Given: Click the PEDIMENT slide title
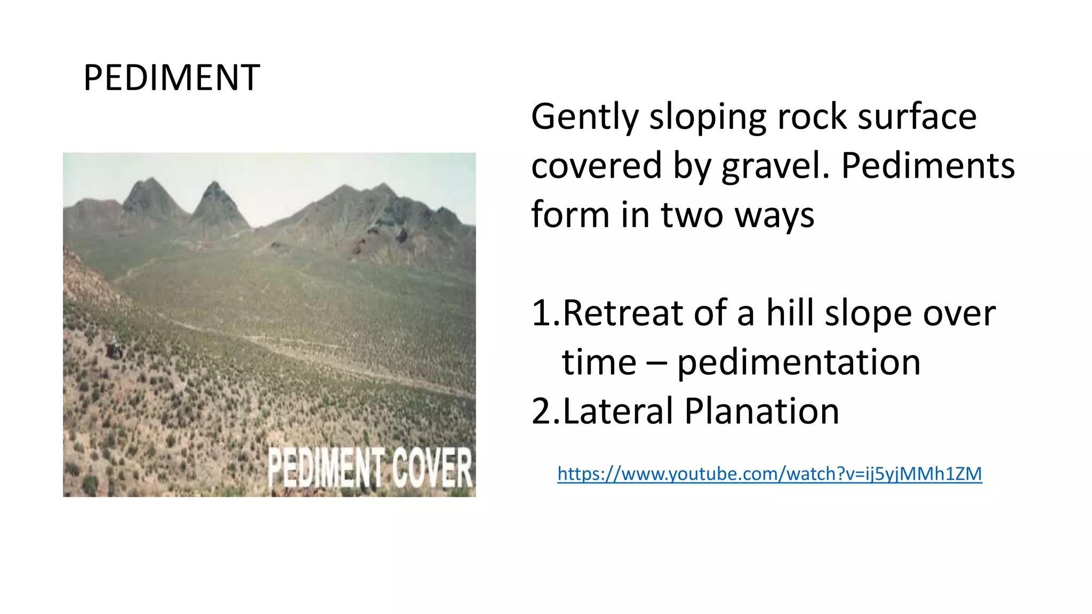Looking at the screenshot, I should [172, 78].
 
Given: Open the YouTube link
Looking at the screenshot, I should [769, 473].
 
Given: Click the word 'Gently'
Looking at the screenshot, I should [584, 117].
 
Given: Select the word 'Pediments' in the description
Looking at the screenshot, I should [928, 165].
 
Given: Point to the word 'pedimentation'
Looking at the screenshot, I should [799, 362].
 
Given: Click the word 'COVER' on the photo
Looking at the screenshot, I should [432, 467].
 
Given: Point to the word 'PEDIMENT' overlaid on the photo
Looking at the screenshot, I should [326, 467].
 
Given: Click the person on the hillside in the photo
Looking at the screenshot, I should [114, 347].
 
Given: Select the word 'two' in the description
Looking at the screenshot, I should [692, 215].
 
